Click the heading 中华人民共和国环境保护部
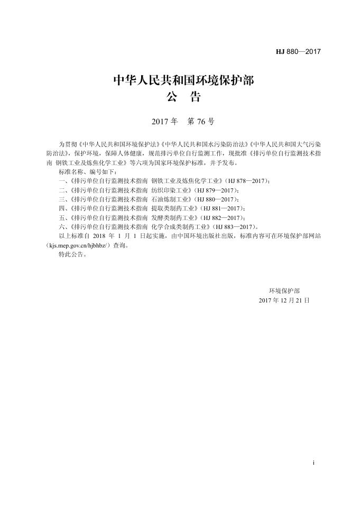[x=183, y=81]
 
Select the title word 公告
[x=183, y=98]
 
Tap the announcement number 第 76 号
[x=201, y=122]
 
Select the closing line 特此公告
[x=72, y=254]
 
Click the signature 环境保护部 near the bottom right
[x=284, y=290]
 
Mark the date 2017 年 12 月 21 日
[x=284, y=300]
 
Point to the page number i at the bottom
[x=313, y=463]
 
